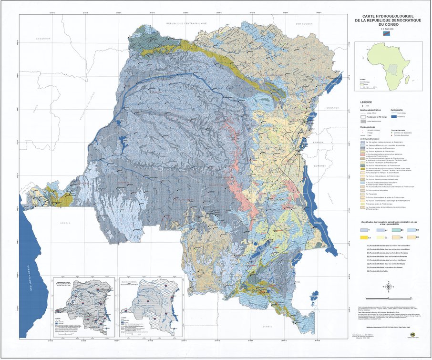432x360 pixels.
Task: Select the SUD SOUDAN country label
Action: click(x=303, y=23)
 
